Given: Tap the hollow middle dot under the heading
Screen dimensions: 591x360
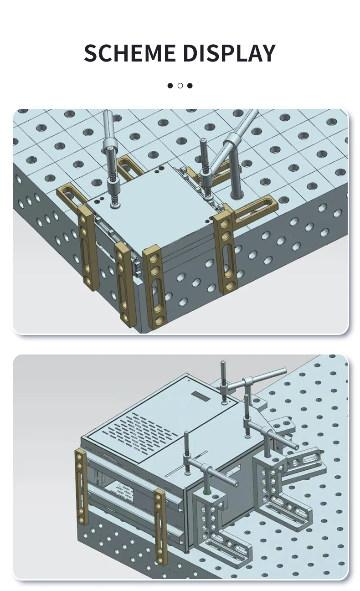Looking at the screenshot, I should point(180,86).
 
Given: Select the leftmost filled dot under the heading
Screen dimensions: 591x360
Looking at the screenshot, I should point(170,86).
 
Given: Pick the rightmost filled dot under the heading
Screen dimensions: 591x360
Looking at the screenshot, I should point(190,86).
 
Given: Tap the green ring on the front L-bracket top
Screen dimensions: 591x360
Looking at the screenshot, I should point(207,492).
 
